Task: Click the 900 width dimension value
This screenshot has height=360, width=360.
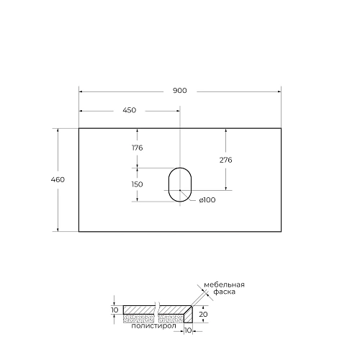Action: point(179,91)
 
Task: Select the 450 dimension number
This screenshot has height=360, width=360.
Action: point(129,110)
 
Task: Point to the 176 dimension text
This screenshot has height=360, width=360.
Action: point(137,148)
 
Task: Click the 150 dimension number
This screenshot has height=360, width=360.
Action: point(137,184)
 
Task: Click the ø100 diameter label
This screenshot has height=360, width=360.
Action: point(207,199)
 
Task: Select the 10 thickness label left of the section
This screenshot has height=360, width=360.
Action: point(114,310)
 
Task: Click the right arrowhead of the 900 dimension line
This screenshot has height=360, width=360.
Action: point(278,91)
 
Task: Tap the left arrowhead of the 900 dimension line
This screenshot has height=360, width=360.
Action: point(81,91)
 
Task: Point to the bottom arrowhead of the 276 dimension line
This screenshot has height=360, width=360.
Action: point(226,188)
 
